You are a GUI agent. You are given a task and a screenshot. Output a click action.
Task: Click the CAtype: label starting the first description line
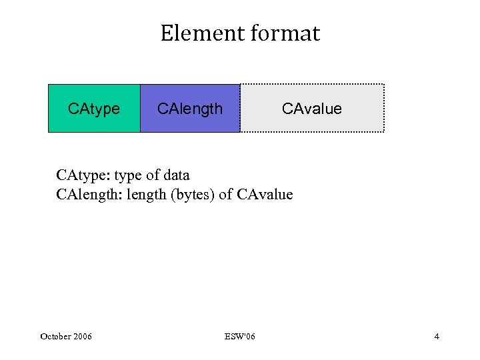83,175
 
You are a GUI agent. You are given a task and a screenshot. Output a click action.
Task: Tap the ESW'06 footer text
239,336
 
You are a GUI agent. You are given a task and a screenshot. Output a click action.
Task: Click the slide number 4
437,336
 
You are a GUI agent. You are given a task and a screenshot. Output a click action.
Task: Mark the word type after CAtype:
129,176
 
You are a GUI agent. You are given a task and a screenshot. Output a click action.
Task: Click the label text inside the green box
94,109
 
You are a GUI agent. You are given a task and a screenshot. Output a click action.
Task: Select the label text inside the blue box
189,109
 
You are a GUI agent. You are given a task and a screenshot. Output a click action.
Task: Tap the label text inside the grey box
312,109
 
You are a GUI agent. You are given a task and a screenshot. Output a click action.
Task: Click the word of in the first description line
152,175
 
